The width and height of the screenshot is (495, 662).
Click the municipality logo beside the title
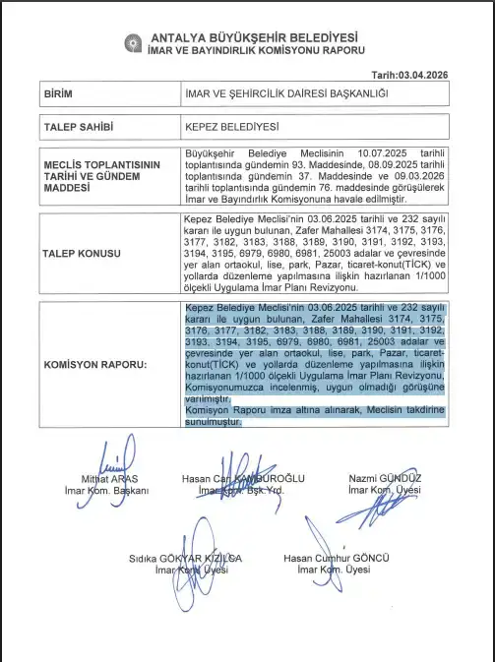pos(132,41)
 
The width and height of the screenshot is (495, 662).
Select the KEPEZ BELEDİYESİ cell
pos(232,128)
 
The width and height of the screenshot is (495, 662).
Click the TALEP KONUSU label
pos(82,253)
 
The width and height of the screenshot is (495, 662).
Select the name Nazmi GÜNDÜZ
pos(386,478)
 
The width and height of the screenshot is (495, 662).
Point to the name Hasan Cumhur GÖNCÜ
pos(328,558)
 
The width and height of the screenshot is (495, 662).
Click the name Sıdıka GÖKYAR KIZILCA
pos(185,558)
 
